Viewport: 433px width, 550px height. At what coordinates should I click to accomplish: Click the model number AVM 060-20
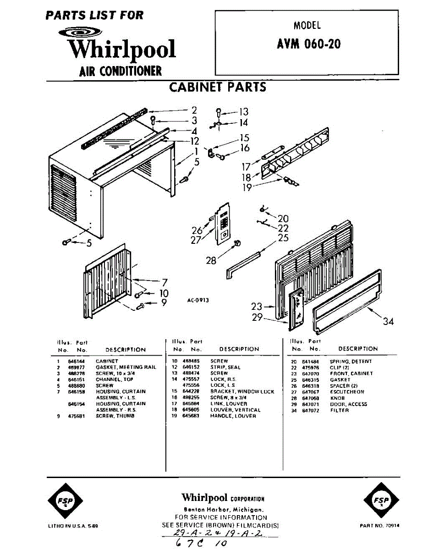click(x=308, y=44)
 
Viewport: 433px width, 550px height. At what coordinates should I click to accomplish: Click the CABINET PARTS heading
click(x=218, y=87)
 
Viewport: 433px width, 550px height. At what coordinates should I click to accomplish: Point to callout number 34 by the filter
click(x=388, y=321)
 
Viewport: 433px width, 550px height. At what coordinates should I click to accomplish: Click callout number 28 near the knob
click(x=211, y=260)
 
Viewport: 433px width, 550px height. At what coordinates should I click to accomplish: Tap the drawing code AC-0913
click(x=198, y=300)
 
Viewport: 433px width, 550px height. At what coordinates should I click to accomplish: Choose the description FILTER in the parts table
click(x=340, y=410)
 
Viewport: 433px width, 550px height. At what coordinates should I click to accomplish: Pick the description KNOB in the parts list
click(x=337, y=398)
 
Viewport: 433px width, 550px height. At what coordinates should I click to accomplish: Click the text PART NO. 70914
click(x=379, y=526)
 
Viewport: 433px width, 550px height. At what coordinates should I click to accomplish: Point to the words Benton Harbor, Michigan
click(x=223, y=510)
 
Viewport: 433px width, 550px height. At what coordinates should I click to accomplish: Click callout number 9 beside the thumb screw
click(x=164, y=302)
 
